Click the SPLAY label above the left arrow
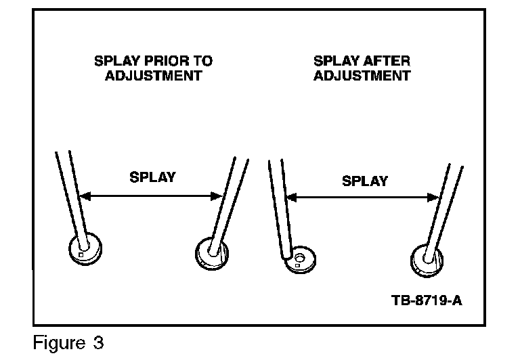tap(152, 177)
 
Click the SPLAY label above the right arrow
tap(365, 181)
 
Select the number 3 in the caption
tap(99, 342)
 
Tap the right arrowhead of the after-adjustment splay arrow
tap(435, 198)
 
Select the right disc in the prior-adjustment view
tap(213, 252)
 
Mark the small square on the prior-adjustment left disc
tap(81, 256)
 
